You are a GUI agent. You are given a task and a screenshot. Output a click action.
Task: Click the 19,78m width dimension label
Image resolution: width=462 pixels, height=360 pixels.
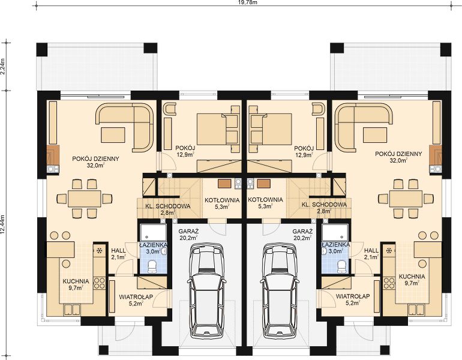tap(243, 2)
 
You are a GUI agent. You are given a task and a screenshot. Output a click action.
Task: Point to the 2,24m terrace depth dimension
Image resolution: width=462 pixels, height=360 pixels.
tap(3, 67)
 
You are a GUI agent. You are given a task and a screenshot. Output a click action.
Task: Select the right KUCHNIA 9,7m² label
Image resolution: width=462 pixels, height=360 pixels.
tap(412, 280)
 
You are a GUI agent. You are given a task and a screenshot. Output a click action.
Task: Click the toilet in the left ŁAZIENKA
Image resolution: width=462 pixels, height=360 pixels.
tap(152, 266)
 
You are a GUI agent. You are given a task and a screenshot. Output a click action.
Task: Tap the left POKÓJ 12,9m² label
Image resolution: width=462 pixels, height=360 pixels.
tap(185, 151)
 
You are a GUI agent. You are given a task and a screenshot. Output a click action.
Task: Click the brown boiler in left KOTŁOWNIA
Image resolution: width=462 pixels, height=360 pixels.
tap(224, 183)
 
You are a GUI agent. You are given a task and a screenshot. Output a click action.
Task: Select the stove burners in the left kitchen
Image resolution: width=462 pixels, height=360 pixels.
tap(99, 283)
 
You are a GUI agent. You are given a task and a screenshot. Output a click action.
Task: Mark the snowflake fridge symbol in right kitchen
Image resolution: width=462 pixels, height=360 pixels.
tap(389, 251)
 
